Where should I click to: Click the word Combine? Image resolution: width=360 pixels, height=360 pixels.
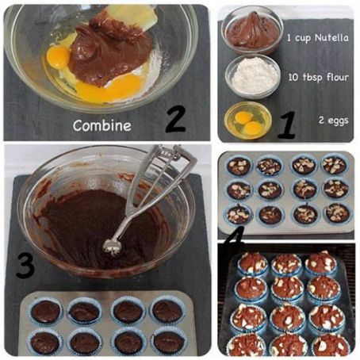tap(101, 124)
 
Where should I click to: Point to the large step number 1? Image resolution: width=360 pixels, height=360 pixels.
tap(286, 124)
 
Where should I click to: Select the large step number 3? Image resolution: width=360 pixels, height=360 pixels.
tap(25, 266)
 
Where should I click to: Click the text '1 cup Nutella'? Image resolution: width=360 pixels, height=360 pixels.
tap(318, 37)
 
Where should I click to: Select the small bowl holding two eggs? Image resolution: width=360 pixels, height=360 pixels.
tap(247, 121)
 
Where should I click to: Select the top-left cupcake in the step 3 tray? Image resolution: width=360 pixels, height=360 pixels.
tap(45, 311)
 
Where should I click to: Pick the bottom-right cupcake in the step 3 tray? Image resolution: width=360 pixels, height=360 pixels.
tap(167, 342)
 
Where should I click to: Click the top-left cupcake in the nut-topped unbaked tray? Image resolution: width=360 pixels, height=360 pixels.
tap(238, 166)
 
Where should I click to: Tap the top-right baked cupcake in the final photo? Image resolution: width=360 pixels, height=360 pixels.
tap(321, 263)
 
